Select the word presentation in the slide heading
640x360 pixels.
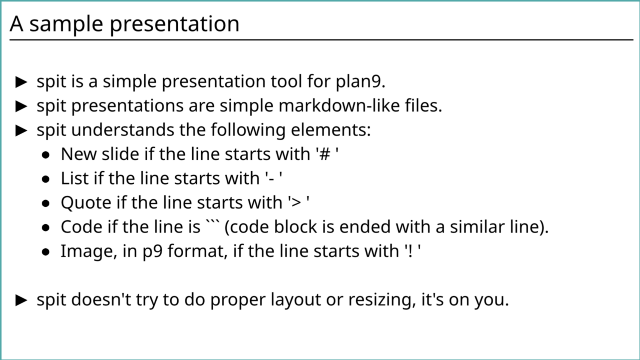[x=174, y=24]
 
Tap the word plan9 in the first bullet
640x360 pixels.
[x=360, y=82]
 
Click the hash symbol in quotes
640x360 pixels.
[x=325, y=155]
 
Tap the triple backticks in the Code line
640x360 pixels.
[x=210, y=222]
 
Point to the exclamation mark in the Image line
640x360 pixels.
[x=411, y=251]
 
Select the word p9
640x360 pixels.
[x=152, y=253]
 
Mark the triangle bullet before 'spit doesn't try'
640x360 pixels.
[x=21, y=300]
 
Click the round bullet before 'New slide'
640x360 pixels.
[x=46, y=155]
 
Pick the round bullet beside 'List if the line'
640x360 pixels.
[x=46, y=179]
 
